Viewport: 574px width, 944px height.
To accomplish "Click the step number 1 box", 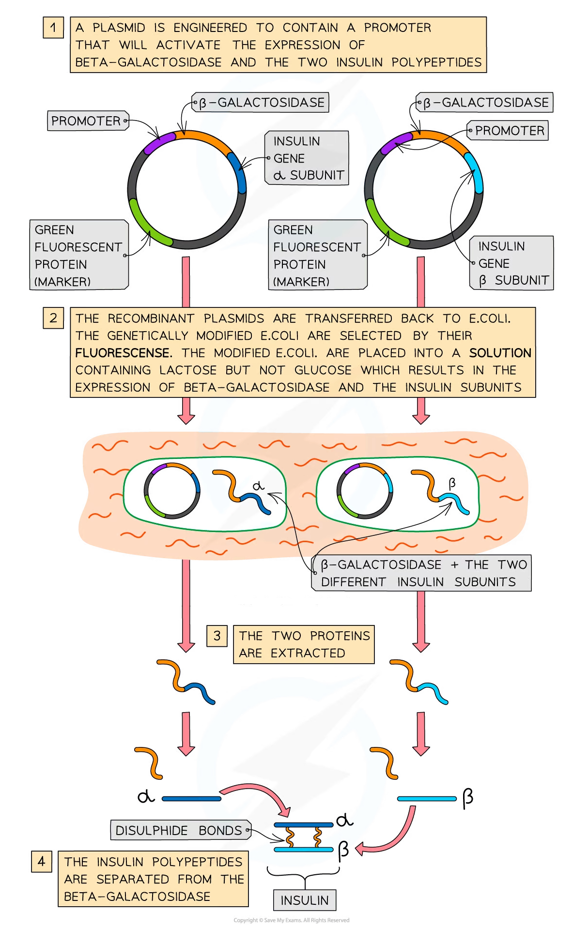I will coord(53,28).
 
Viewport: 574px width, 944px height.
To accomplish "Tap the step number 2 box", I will coord(53,318).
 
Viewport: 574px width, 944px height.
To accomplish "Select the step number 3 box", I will coord(217,636).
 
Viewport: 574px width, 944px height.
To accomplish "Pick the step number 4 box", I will coord(41,861).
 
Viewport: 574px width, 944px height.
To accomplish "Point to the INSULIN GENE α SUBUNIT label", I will coord(307,158).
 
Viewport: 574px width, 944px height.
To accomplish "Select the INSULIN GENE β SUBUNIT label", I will coord(512,263).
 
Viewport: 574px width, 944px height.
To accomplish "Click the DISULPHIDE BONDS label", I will coord(179,830).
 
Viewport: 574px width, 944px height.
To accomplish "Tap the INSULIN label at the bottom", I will coord(304,900).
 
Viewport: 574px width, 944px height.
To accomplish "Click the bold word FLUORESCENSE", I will coord(123,353).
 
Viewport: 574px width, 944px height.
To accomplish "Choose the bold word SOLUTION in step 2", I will coord(500,353).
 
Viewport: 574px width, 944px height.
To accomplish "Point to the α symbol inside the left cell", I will coord(259,486).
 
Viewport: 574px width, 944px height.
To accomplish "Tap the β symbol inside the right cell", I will coord(452,483).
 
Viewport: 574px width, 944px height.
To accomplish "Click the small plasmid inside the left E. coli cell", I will coord(172,491).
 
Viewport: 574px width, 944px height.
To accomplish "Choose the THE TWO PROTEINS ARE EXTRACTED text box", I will coord(304,644).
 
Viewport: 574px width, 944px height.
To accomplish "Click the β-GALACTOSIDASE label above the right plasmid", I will coord(484,103).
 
